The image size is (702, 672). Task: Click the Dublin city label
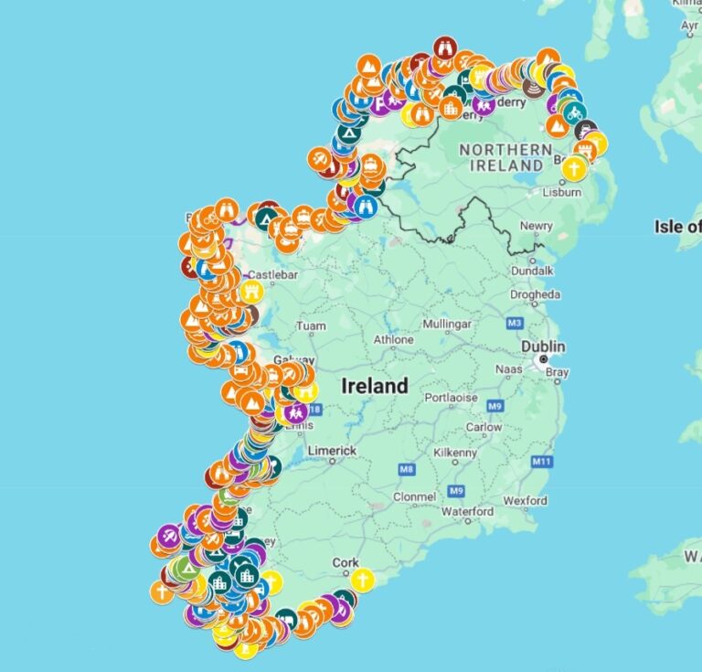[x=543, y=347]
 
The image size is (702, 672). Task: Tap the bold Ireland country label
[x=375, y=386]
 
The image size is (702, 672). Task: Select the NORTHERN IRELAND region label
[x=505, y=156]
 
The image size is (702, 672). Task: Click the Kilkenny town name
[x=430, y=453]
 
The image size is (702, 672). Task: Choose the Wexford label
[x=526, y=500]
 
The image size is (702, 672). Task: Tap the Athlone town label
[x=394, y=340]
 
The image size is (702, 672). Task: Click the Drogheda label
[x=535, y=294]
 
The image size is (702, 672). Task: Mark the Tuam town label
[x=311, y=325]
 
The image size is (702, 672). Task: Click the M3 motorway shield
[x=514, y=323]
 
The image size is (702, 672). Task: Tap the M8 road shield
[x=407, y=469]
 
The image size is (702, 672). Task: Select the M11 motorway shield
[x=543, y=462]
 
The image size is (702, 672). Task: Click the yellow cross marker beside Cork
[x=363, y=581]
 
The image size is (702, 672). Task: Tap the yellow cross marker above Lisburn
[x=573, y=168]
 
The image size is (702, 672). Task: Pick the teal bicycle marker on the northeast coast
[x=573, y=112]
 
